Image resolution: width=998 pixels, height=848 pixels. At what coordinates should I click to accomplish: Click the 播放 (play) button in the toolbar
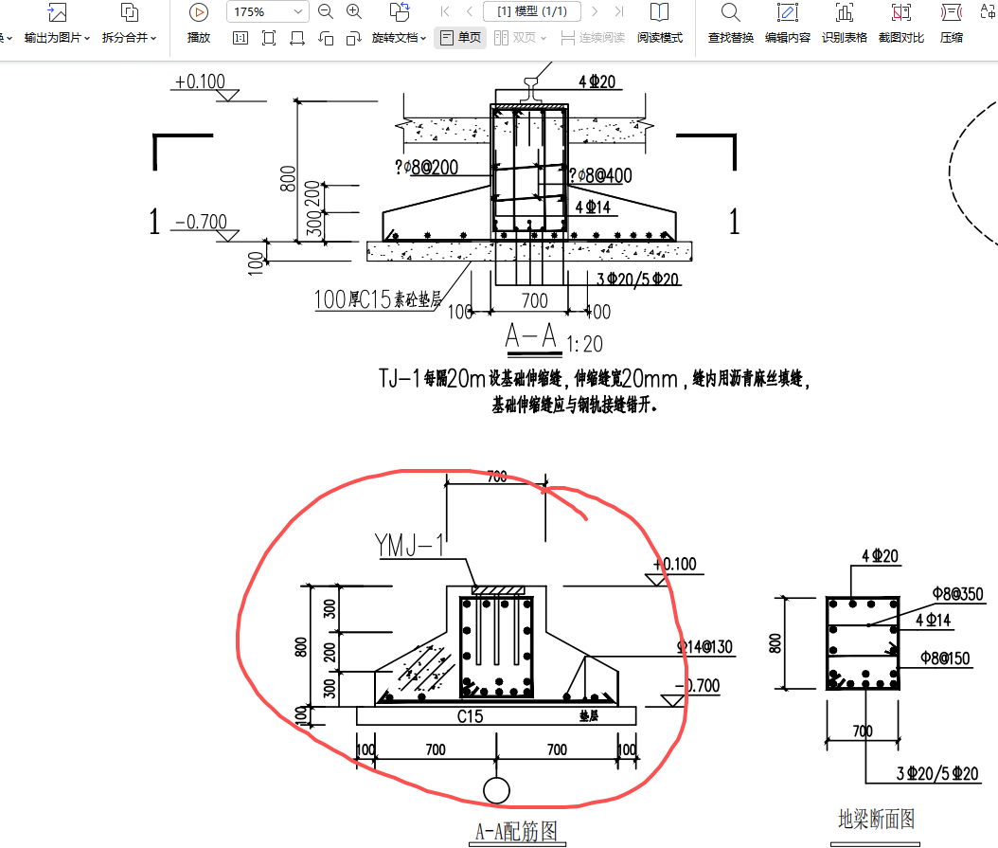pos(199,23)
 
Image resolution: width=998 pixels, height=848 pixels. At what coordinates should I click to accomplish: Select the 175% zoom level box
pos(267,12)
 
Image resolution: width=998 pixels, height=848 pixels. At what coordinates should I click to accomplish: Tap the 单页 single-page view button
pos(460,38)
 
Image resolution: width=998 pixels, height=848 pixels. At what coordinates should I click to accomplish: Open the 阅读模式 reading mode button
pos(659,23)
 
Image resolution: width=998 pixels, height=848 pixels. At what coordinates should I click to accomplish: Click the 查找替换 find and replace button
pos(730,23)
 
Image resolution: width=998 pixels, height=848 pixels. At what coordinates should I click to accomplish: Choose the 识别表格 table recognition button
pos(844,23)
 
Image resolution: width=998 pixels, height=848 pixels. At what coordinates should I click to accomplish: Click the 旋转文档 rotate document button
pos(399,23)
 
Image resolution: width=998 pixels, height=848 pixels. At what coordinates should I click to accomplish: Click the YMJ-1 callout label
pos(409,546)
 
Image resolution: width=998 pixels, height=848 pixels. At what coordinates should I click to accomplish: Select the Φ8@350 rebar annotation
pos(957,594)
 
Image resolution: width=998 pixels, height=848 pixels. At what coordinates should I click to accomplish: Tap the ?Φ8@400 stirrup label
pos(600,175)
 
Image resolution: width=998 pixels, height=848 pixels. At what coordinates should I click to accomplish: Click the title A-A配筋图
pos(515,832)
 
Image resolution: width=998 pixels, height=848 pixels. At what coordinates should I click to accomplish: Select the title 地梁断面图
pos(876,819)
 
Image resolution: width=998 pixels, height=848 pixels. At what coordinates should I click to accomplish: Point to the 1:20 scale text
pos(584,343)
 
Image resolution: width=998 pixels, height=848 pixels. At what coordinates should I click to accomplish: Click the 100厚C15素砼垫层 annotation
pos(378,300)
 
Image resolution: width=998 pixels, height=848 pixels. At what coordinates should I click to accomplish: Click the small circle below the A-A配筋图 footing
pos(495,789)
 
